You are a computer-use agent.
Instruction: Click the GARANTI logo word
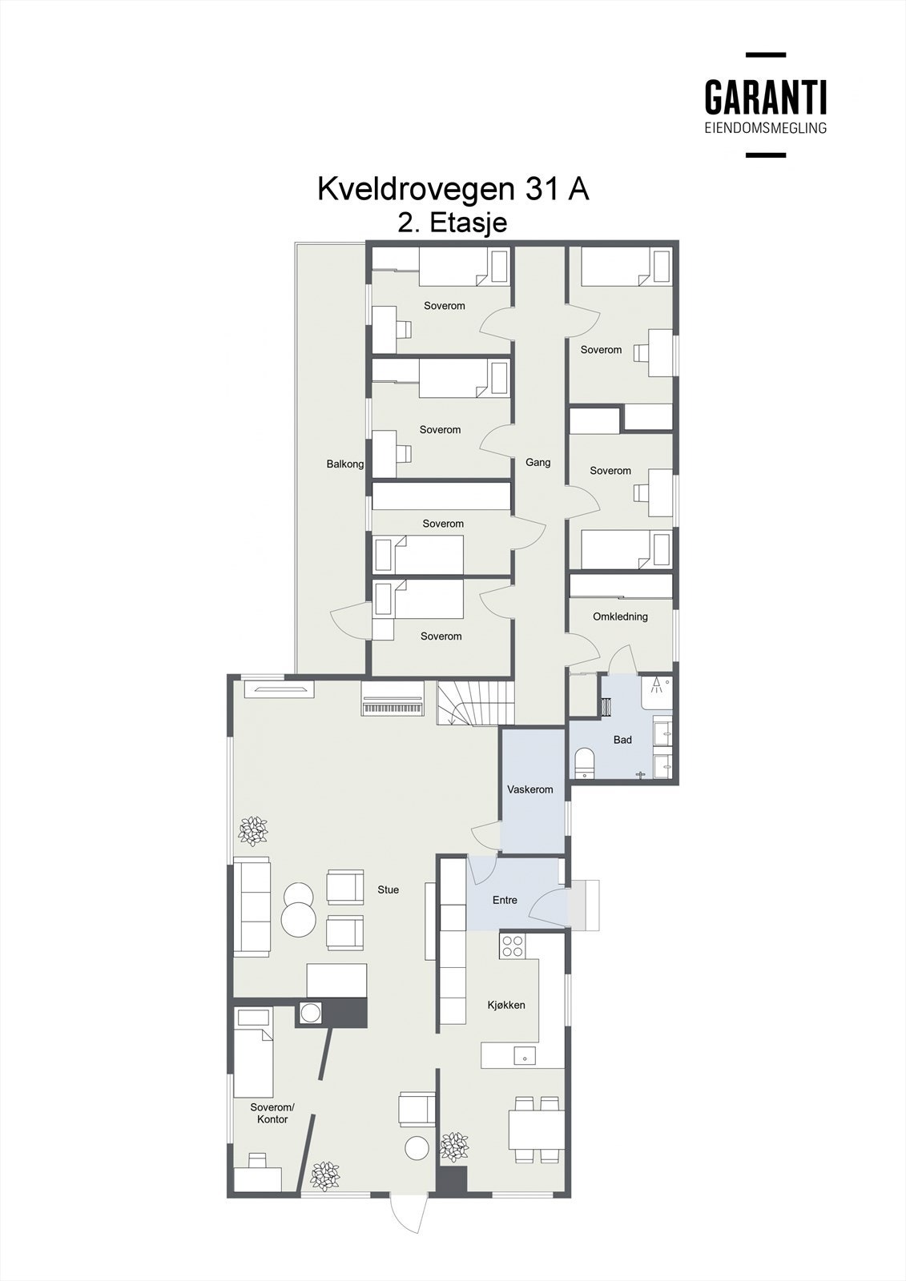(x=765, y=98)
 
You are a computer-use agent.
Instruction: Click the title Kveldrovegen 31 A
(x=453, y=189)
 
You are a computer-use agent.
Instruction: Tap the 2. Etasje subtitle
(x=453, y=223)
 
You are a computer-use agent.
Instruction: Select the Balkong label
(x=345, y=464)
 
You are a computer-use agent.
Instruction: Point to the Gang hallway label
(x=538, y=462)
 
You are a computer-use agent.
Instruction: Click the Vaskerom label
(x=530, y=789)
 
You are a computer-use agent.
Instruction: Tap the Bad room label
(x=622, y=740)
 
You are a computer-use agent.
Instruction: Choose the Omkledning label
(x=620, y=616)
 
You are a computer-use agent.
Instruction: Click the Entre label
(x=505, y=900)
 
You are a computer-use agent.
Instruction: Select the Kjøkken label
(x=506, y=1005)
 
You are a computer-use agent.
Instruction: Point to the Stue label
(x=389, y=889)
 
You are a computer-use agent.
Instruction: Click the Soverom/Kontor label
(x=272, y=1114)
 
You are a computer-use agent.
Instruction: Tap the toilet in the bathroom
(x=584, y=761)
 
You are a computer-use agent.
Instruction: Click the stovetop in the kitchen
(x=512, y=946)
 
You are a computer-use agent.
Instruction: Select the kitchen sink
(x=524, y=1055)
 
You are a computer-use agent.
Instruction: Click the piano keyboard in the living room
(x=392, y=708)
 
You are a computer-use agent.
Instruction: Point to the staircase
(x=474, y=703)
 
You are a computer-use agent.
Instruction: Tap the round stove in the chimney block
(x=309, y=1013)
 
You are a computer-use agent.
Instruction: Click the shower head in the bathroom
(x=657, y=685)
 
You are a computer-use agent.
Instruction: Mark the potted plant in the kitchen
(x=454, y=1146)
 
